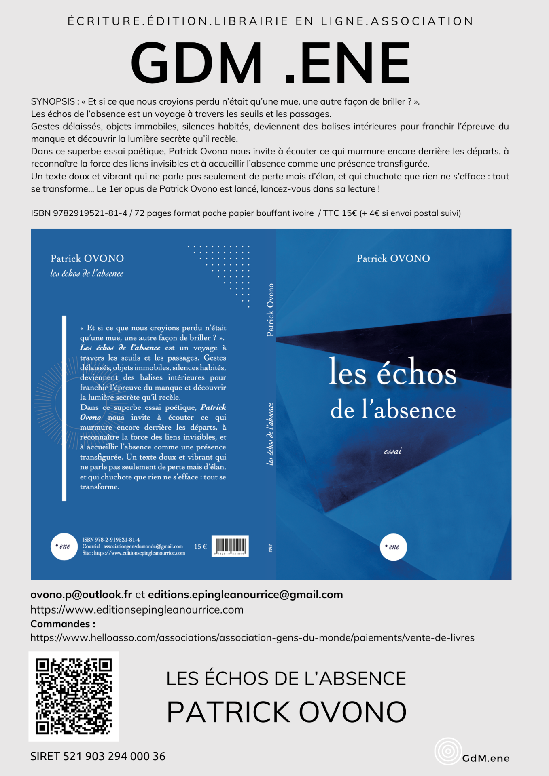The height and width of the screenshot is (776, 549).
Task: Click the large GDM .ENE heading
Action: click(x=270, y=63)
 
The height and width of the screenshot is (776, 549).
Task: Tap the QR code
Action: click(x=74, y=696)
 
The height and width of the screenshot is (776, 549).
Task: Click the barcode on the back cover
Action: click(x=230, y=546)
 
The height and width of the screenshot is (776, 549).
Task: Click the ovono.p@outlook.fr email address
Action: click(x=81, y=595)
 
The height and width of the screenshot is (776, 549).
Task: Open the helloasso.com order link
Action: click(x=252, y=637)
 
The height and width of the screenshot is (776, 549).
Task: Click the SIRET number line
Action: click(x=98, y=756)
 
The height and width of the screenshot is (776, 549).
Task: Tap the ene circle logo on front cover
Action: click(x=393, y=547)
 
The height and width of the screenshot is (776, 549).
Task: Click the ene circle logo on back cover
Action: click(x=64, y=546)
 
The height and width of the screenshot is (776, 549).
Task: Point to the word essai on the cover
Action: click(x=393, y=451)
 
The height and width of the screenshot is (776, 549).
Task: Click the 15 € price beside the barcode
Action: click(x=200, y=546)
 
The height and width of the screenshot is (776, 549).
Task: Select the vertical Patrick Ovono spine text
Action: click(x=270, y=310)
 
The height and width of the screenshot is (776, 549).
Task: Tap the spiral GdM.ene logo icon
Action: click(x=448, y=751)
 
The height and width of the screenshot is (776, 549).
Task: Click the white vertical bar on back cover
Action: click(x=64, y=408)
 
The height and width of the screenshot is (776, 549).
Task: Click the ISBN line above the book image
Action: click(x=246, y=213)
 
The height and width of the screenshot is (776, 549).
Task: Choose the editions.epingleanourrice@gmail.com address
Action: click(x=246, y=595)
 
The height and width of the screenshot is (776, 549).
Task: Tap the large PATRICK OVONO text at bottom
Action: click(x=286, y=712)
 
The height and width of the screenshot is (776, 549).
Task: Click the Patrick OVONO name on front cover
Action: click(x=393, y=258)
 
